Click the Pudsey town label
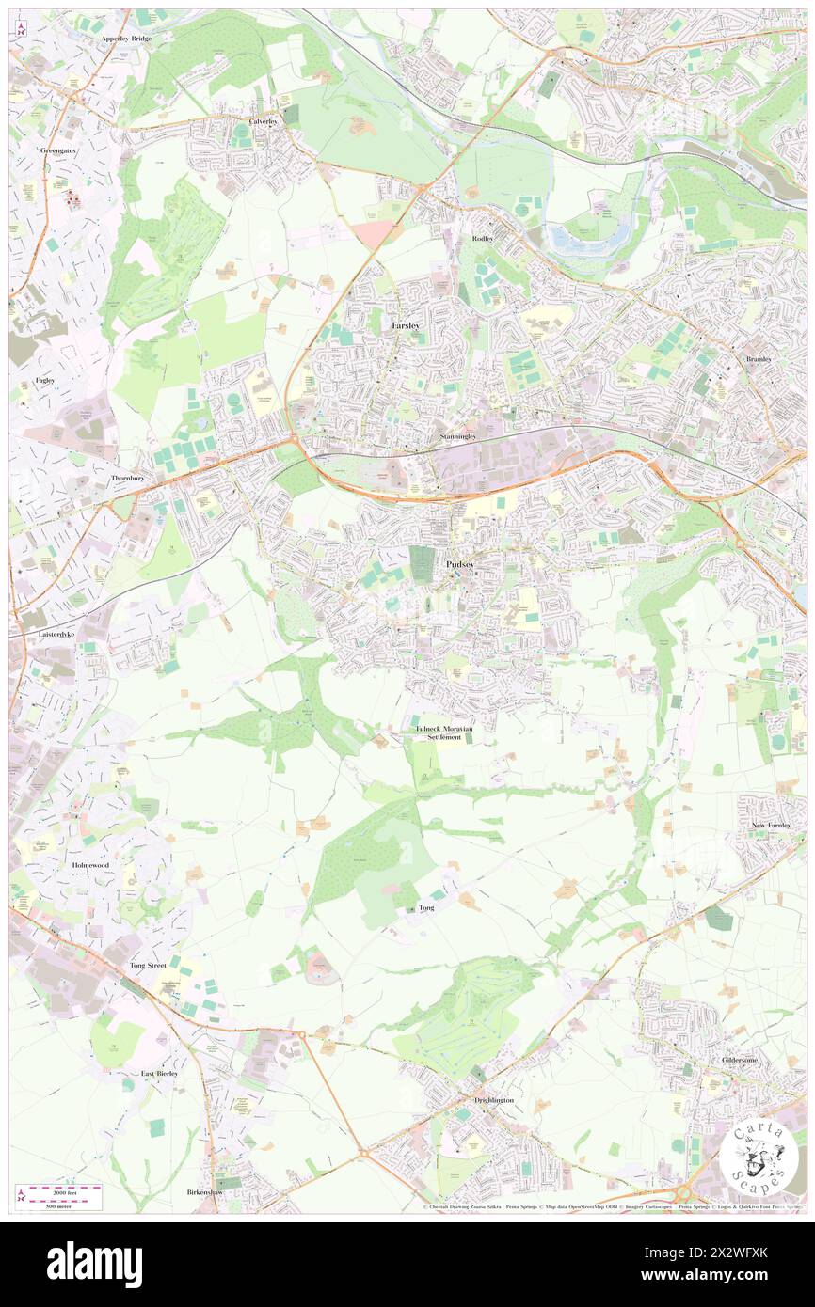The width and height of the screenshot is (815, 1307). (x=461, y=564)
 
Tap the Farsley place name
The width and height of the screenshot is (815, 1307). (x=406, y=325)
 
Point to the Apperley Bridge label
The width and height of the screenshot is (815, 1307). (x=126, y=39)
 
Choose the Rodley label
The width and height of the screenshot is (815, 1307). (x=483, y=239)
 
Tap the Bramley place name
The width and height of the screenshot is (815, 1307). (x=759, y=359)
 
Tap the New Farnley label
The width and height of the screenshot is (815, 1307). (x=777, y=825)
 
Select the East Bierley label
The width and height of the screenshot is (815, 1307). (x=159, y=1073)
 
